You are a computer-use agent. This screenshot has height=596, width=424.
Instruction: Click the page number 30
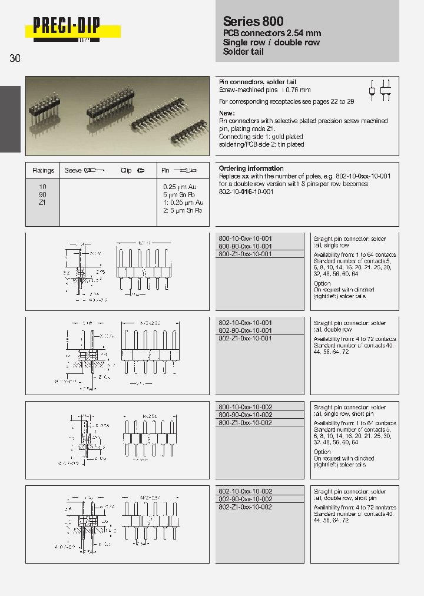point(15,59)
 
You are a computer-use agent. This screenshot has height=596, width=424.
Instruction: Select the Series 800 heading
point(253,21)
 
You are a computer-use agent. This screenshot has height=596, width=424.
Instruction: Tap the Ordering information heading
point(251,168)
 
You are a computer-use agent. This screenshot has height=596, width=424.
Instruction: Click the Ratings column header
point(43,170)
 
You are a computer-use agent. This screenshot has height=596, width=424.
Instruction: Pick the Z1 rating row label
point(41,202)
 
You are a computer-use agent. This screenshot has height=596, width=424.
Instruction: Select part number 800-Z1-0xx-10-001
point(245,254)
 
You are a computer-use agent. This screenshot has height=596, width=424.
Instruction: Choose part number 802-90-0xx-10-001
point(245,331)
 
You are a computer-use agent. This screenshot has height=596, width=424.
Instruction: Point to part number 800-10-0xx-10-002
point(245,408)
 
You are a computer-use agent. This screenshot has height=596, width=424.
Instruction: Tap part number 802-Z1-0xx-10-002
point(245,506)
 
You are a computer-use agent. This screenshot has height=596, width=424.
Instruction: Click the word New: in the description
point(227,113)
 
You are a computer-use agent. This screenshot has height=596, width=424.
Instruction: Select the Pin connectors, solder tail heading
point(257,82)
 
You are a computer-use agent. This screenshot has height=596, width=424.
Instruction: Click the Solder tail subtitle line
point(243,52)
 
